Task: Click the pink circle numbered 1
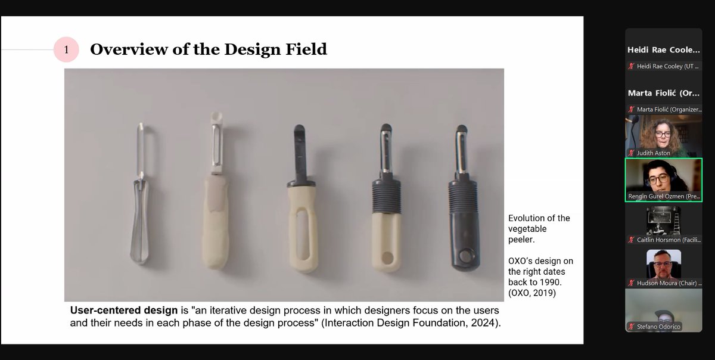67,50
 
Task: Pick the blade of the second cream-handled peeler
216,149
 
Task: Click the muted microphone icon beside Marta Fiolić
631,109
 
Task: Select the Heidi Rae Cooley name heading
663,51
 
